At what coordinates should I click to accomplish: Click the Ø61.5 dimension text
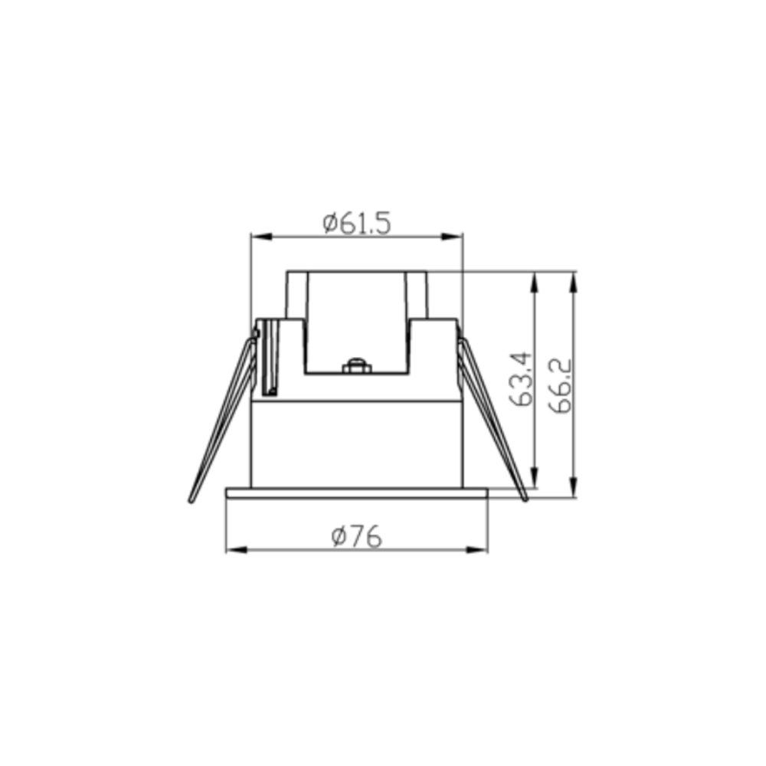click(357, 224)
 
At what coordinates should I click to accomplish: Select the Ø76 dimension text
click(357, 537)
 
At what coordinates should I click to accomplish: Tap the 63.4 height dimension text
click(520, 379)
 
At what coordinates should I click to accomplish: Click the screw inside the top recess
click(356, 365)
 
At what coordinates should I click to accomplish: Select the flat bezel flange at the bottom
click(356, 493)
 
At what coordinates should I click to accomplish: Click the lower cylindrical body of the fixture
click(356, 444)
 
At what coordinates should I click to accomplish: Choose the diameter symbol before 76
click(340, 537)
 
